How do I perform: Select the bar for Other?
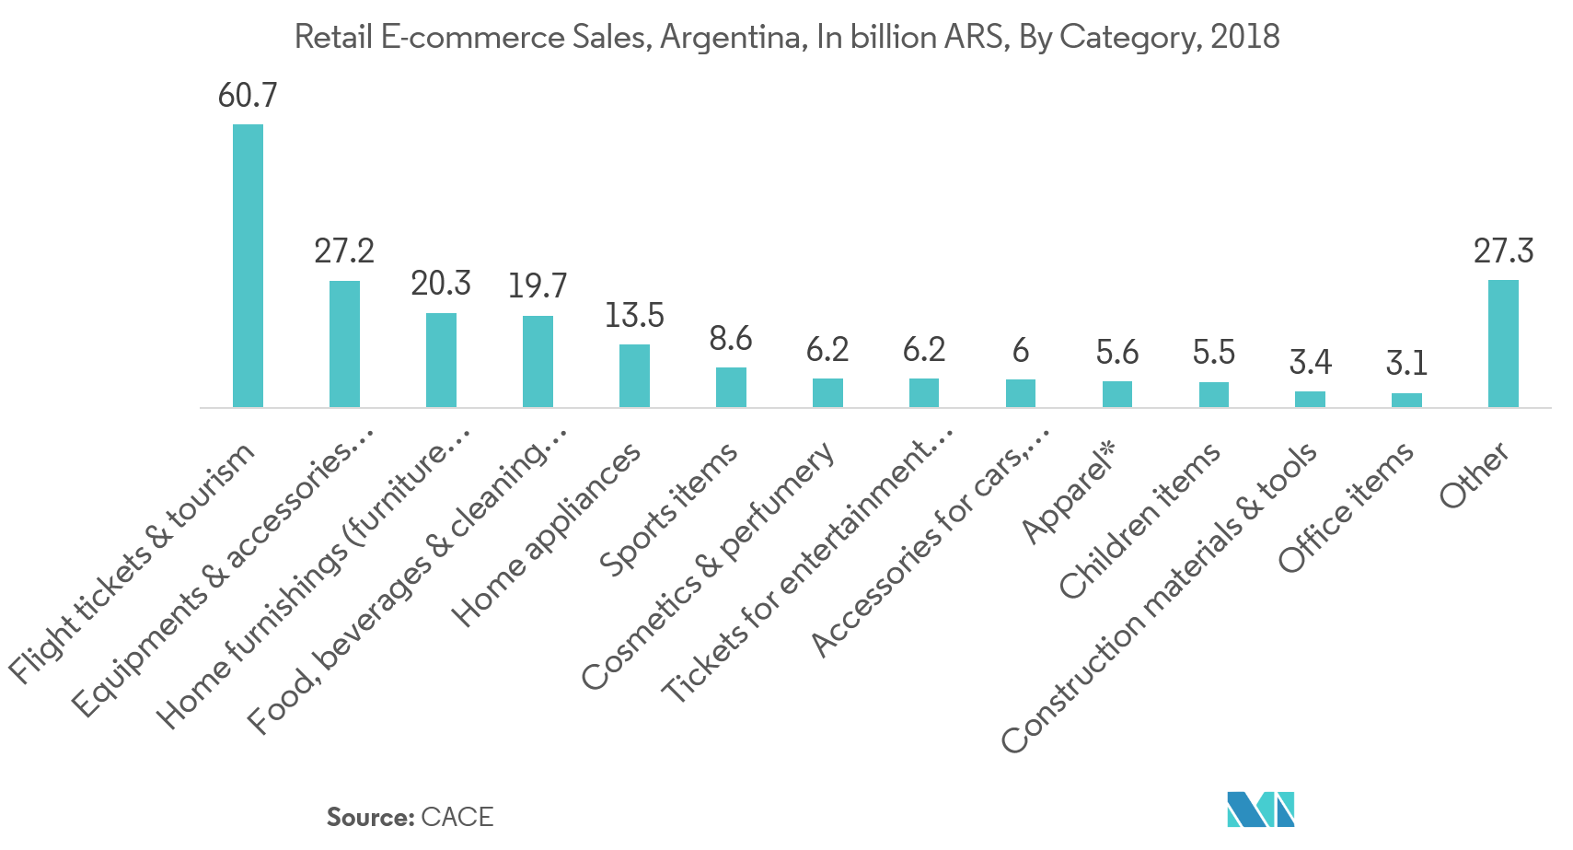pos(1503,343)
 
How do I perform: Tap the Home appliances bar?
pos(634,376)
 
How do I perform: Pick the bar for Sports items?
pos(731,387)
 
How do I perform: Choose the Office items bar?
pos(1406,400)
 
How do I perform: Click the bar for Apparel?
pos(1116,394)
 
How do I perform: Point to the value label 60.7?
pos(248,95)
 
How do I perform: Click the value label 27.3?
pos(1503,250)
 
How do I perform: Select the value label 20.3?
pos(441,284)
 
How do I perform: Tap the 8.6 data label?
pos(731,338)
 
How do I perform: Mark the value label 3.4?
pos(1310,362)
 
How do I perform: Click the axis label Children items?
pos(1139,520)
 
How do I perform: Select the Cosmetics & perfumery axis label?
pos(709,565)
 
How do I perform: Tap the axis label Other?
pos(1475,475)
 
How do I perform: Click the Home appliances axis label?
pos(547,534)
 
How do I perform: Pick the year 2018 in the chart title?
pos(1244,37)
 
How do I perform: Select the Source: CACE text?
pos(410,817)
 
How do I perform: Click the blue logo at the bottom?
pos(1260,809)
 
